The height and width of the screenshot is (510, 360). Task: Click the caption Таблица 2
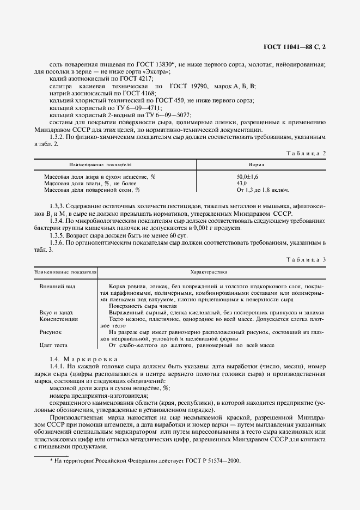point(306,153)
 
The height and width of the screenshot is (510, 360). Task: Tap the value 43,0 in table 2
point(241,184)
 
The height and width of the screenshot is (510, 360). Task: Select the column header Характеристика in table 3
point(209,271)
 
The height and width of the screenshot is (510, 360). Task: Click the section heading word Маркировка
point(89,359)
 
